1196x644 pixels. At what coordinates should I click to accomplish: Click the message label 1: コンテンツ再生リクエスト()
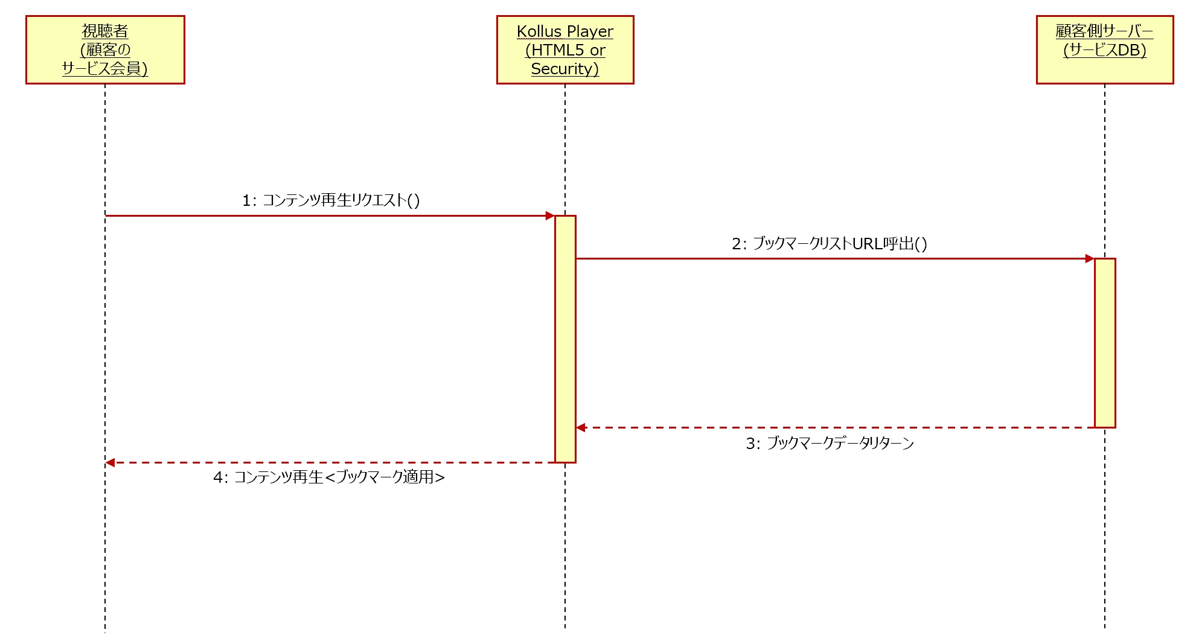coord(331,200)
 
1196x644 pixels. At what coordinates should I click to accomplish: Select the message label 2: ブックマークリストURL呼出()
coord(830,244)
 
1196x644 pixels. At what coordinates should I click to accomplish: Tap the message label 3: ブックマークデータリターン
coord(830,444)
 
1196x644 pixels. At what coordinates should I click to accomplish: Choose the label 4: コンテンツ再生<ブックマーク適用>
coord(329,477)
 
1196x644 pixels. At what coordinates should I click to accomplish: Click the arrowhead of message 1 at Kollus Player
coord(550,215)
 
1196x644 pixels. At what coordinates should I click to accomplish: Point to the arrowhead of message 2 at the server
coord(1090,259)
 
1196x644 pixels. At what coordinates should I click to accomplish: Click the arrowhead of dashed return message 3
coord(581,428)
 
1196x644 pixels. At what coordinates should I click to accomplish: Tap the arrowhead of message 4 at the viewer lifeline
coord(110,463)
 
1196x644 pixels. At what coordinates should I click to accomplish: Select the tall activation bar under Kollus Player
coord(565,339)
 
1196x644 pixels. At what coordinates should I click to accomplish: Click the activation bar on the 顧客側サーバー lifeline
coord(1105,343)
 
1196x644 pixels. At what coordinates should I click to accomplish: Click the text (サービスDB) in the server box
coord(1105,50)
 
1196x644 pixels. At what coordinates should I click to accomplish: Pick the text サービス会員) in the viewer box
coord(105,69)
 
